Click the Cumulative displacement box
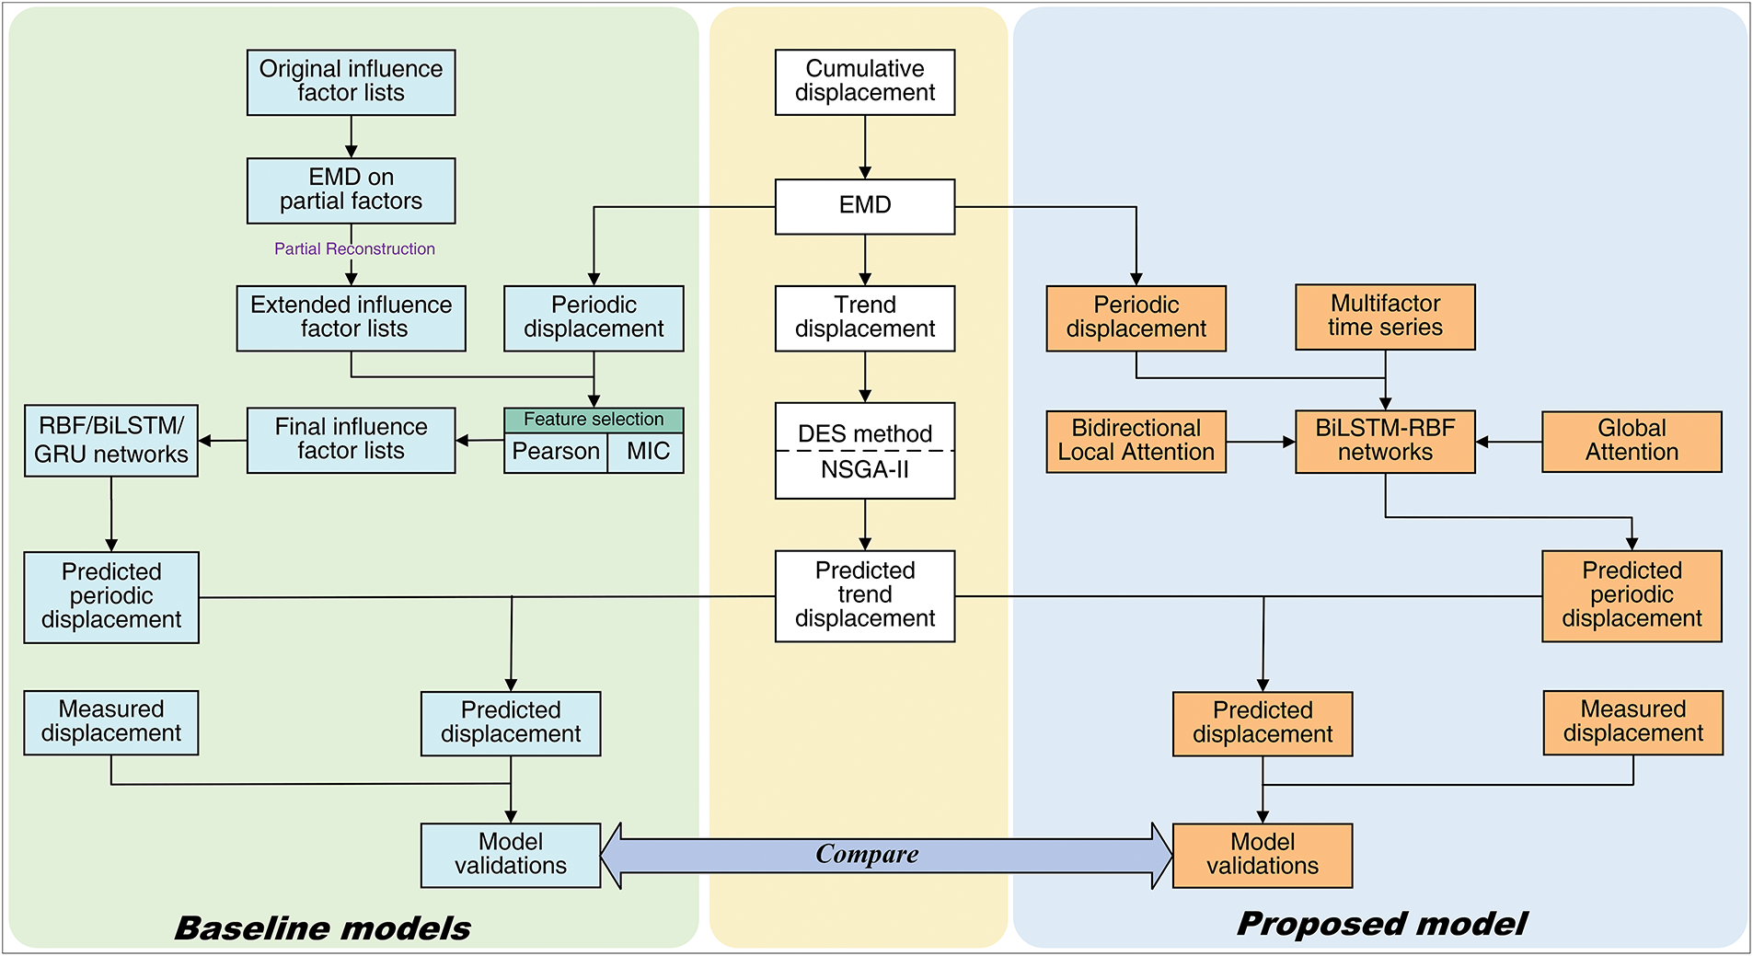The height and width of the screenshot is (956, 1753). [x=865, y=82]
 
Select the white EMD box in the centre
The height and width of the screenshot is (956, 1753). [x=865, y=206]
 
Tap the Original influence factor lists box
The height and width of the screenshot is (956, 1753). [x=351, y=82]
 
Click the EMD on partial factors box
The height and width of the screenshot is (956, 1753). [x=351, y=190]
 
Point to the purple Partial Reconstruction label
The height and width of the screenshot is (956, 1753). [x=354, y=248]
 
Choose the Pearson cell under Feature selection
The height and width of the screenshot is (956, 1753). [x=556, y=452]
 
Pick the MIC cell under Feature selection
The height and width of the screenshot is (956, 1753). [x=646, y=452]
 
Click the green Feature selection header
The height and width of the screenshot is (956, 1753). [x=594, y=420]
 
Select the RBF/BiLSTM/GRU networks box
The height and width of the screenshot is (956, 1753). [x=110, y=441]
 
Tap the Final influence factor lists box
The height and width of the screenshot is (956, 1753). [x=351, y=440]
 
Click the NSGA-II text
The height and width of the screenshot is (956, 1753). [x=865, y=470]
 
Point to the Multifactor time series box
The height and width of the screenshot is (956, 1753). [x=1385, y=317]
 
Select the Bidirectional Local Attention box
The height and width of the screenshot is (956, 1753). [x=1136, y=442]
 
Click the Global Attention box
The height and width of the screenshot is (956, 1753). [x=1632, y=442]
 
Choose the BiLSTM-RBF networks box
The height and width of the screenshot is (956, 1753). [x=1385, y=442]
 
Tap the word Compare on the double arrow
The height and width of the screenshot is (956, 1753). [x=867, y=855]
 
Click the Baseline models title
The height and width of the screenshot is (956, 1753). [x=322, y=927]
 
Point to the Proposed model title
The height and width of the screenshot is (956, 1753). [x=1382, y=924]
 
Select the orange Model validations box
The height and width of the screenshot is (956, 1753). [x=1263, y=856]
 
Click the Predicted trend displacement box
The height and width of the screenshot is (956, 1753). [x=865, y=595]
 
